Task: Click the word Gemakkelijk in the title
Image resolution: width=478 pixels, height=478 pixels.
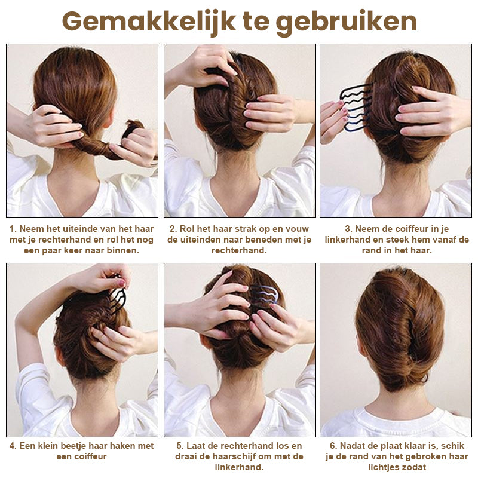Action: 149,22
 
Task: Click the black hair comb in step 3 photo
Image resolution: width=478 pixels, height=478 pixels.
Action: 356,108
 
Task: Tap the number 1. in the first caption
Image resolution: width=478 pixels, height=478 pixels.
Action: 13,229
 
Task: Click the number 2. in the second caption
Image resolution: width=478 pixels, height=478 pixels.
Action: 173,229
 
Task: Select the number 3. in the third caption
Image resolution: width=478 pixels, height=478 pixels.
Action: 349,229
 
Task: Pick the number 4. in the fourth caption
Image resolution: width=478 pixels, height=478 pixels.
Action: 13,446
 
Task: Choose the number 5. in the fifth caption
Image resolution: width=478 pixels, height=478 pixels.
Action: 180,446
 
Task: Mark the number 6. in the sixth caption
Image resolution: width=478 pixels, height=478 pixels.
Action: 334,446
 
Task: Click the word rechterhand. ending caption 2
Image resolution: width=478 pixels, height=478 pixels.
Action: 240,250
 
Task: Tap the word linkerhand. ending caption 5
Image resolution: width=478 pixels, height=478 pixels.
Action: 239,467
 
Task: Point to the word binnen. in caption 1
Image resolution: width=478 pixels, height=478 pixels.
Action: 123,250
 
